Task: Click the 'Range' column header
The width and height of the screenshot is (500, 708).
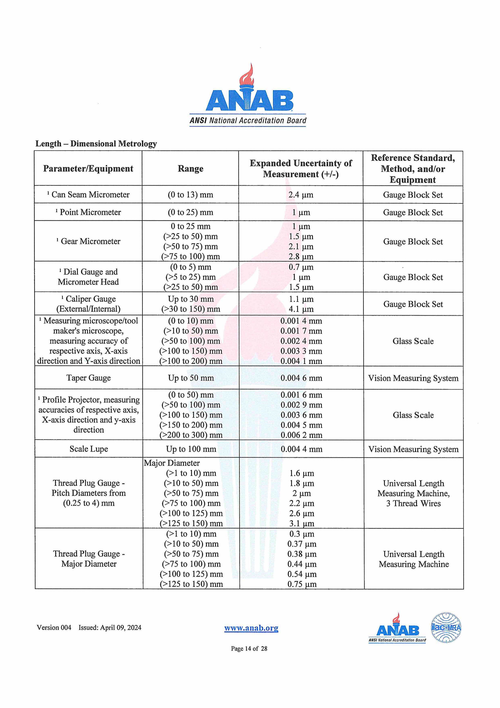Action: (190, 169)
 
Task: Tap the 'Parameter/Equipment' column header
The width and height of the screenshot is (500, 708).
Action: (88, 169)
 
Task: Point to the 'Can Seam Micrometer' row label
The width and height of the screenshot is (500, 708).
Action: (90, 195)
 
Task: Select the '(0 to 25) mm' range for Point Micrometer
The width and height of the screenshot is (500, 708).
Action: (190, 213)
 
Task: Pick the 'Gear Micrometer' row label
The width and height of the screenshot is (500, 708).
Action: (90, 241)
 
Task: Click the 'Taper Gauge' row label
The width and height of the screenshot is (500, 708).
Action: (89, 378)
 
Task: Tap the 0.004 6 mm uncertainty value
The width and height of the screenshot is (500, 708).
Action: (301, 378)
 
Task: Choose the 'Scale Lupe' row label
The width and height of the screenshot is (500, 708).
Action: (89, 449)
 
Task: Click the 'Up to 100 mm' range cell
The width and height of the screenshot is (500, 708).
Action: (191, 449)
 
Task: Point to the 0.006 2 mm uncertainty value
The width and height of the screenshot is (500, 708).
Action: (301, 435)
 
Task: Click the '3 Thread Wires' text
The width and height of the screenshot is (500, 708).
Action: (414, 504)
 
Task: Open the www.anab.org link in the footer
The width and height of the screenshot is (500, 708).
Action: (251, 628)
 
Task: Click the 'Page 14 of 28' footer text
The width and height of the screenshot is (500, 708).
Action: (249, 648)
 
